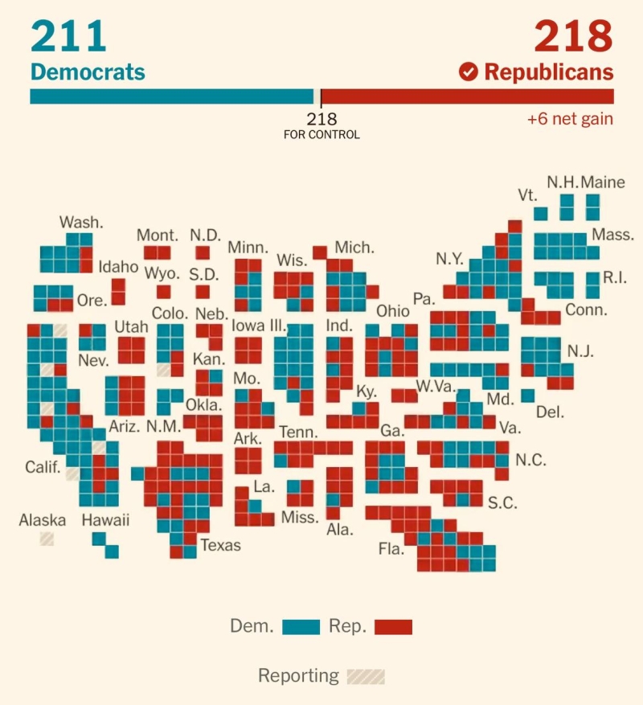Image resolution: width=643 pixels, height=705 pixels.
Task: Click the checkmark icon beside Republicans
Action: coord(468,72)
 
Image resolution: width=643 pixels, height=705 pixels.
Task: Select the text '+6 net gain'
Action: coord(570,119)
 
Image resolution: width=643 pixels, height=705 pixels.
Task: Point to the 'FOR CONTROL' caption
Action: coord(321,135)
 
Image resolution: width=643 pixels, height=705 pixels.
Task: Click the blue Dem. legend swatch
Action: coord(301,627)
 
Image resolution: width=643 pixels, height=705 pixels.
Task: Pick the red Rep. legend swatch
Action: coord(393,627)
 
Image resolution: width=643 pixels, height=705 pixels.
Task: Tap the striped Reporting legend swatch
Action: coord(366,676)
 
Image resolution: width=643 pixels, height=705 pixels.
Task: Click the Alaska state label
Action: coord(43,520)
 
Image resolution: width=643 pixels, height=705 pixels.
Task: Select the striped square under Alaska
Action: coord(47,539)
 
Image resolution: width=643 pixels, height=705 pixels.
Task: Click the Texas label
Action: coord(220,545)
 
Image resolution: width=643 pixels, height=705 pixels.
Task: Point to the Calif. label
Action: coord(43,467)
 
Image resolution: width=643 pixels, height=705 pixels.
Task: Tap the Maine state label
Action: coord(602,182)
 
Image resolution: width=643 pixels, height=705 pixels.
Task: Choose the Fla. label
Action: coord(391,550)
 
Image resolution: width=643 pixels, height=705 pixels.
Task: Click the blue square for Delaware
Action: coord(528,396)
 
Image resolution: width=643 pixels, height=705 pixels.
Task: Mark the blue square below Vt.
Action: coord(541,213)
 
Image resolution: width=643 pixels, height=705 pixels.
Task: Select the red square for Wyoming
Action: coord(164,292)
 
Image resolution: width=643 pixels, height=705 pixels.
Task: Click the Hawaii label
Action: coord(105,520)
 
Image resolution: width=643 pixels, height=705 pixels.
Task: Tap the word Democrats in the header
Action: coord(88,72)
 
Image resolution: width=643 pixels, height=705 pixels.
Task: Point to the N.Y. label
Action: coord(449,259)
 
